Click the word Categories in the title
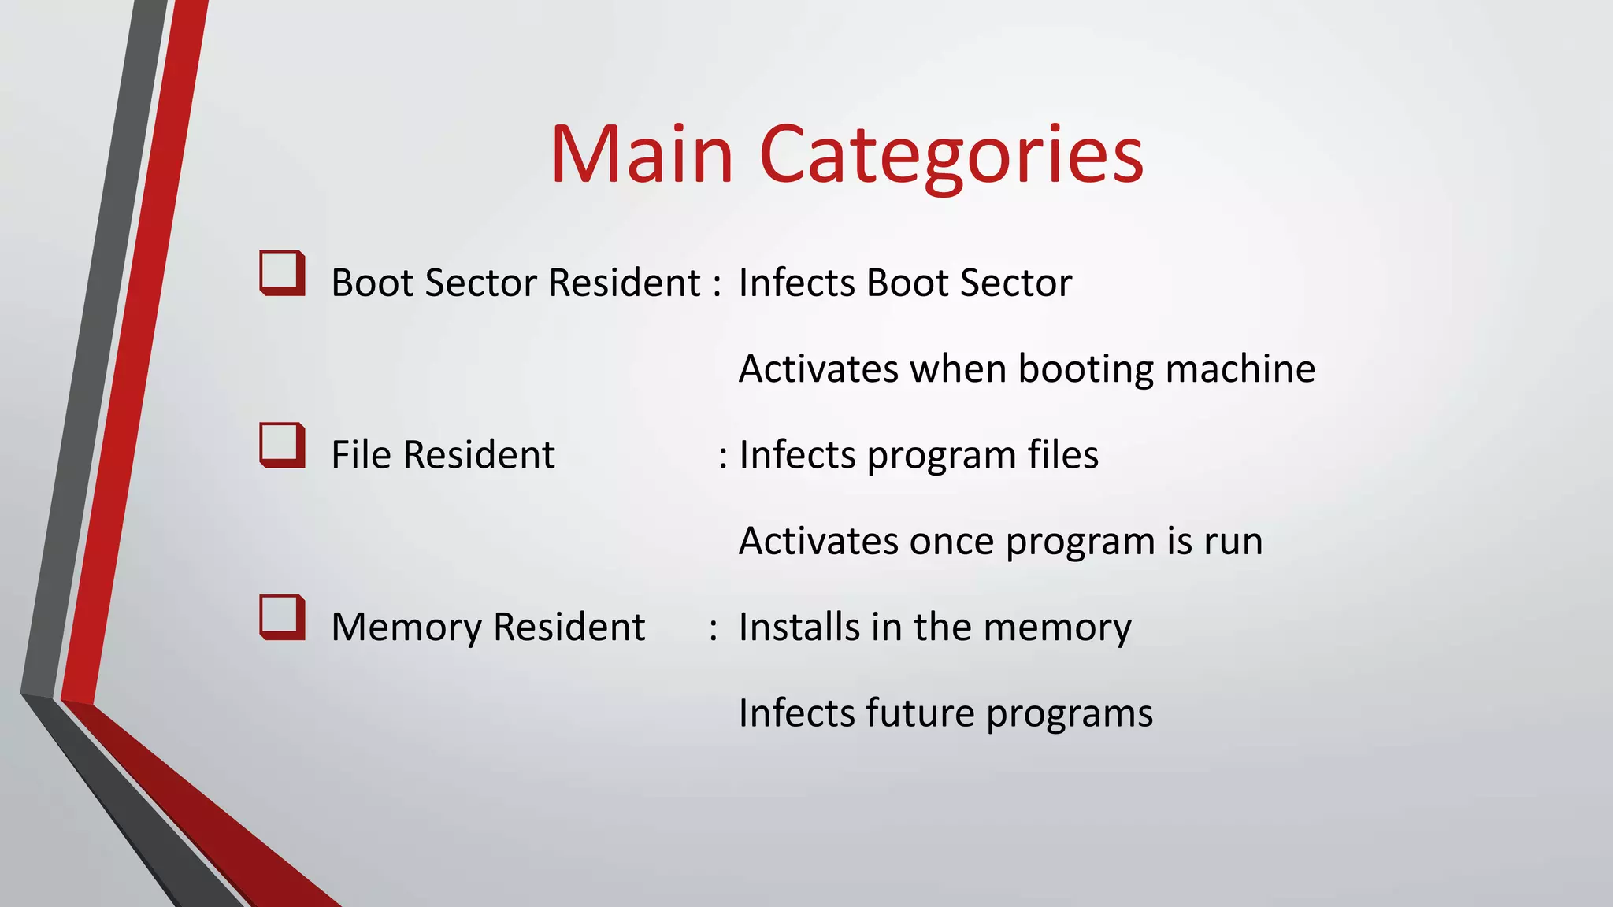pyautogui.click(x=951, y=156)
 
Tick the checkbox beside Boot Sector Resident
pyautogui.click(x=282, y=272)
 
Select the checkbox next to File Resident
pyautogui.click(x=282, y=445)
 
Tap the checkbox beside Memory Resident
pyautogui.click(x=282, y=616)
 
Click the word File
pyautogui.click(x=361, y=454)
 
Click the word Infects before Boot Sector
pyautogui.click(x=796, y=283)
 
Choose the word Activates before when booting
pyautogui.click(x=818, y=369)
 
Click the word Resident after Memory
pyautogui.click(x=568, y=627)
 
